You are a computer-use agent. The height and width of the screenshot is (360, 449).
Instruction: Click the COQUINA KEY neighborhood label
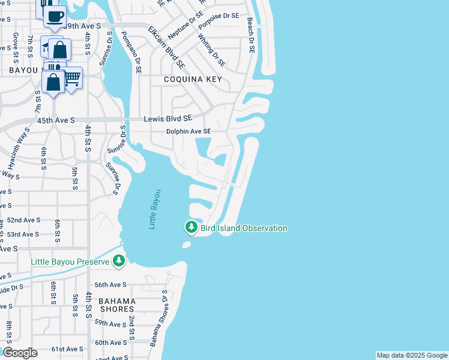click(194, 79)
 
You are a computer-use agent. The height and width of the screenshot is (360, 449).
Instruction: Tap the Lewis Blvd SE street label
click(168, 119)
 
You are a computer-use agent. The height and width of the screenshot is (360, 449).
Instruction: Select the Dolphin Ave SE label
click(189, 131)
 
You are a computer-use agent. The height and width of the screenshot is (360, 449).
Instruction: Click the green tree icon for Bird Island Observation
click(191, 227)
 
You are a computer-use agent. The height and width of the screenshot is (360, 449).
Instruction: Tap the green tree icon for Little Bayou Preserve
click(119, 260)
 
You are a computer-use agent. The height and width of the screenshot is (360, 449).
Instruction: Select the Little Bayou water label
click(155, 209)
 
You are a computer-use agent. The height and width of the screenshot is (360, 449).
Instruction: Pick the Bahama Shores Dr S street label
click(159, 319)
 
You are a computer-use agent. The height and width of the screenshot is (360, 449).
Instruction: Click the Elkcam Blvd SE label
click(166, 46)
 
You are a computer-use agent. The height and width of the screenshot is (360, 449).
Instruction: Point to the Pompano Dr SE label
click(130, 52)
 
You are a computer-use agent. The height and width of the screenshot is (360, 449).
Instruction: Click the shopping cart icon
click(72, 79)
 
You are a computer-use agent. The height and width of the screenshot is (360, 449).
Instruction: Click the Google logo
click(20, 353)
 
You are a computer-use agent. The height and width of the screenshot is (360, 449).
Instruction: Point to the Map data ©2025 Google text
click(412, 355)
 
